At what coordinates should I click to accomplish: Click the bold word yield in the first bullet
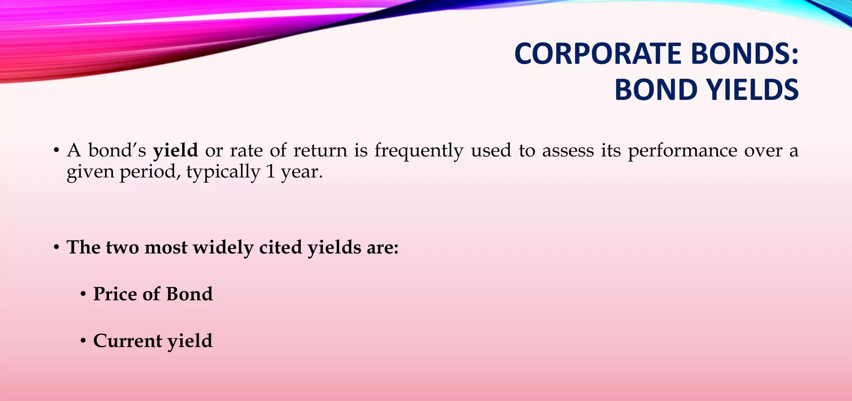click(175, 150)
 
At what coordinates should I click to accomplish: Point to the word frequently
click(419, 150)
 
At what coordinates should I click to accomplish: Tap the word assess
click(567, 150)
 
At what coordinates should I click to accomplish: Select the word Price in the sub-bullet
click(115, 294)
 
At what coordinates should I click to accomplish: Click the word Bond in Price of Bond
click(189, 294)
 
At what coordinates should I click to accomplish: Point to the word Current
click(128, 341)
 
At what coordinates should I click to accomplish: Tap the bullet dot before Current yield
click(84, 342)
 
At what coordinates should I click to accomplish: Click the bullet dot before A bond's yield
click(57, 151)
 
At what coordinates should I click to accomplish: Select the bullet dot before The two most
click(57, 248)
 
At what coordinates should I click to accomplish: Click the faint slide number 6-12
click(785, 34)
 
